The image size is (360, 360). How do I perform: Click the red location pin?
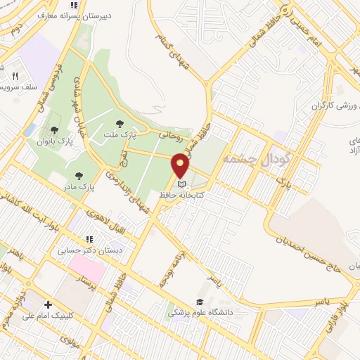181,166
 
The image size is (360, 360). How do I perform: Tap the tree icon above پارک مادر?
78,176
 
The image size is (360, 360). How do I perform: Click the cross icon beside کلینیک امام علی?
47,304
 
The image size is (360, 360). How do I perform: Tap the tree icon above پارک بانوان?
55,129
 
